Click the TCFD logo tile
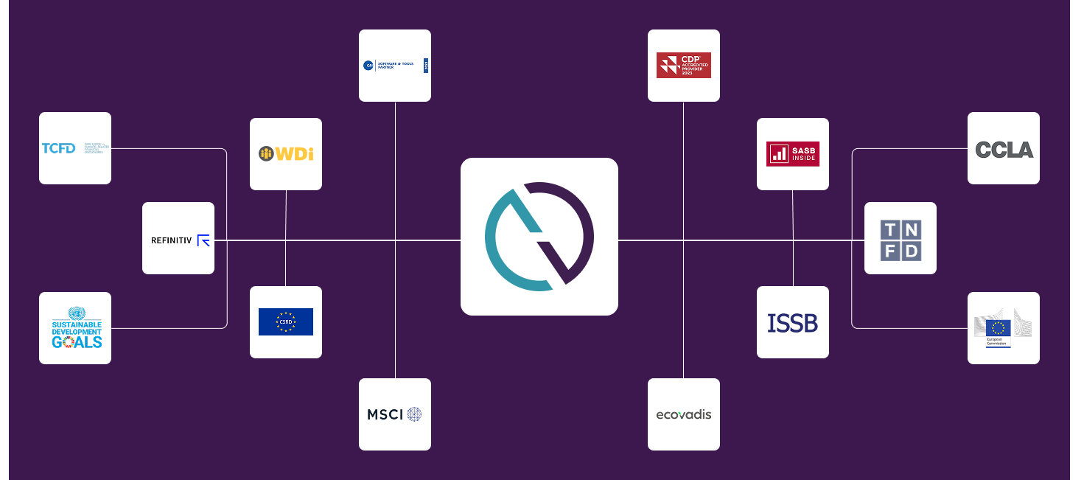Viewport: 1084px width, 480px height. (x=75, y=148)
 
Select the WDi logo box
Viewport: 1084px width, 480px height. (x=286, y=154)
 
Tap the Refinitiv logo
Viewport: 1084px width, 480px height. (x=178, y=238)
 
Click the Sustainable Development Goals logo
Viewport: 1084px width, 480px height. (x=75, y=328)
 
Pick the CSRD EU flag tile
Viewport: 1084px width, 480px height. (x=286, y=322)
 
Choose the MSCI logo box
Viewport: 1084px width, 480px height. (x=395, y=414)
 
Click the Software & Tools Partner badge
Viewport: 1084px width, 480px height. (x=395, y=66)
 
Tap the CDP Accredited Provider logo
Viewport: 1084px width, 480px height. (x=684, y=66)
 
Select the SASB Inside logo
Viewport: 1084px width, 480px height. (x=793, y=154)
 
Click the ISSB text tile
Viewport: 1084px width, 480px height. (x=793, y=322)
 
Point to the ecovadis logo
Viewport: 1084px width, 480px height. (x=684, y=414)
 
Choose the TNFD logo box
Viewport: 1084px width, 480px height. (x=901, y=238)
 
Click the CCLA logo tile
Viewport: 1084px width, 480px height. (x=1004, y=148)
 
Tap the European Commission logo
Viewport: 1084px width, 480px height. (x=1004, y=328)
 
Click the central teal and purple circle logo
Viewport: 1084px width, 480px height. (x=539, y=237)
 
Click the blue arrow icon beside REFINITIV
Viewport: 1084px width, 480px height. (x=203, y=240)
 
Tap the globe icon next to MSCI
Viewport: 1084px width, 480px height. (x=415, y=414)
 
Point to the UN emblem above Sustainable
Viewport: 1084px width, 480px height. (x=77, y=313)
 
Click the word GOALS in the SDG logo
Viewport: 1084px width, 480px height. (x=77, y=341)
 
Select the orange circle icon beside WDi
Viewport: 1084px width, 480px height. (x=266, y=153)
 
